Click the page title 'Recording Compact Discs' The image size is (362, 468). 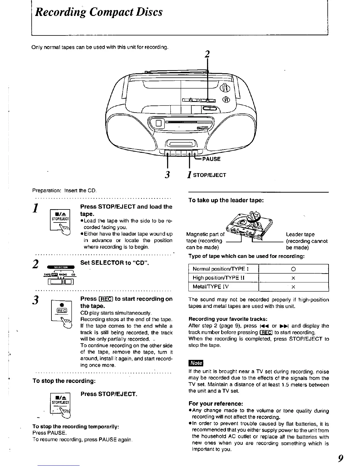pyautogui.click(x=98, y=12)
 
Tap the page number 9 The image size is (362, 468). pyautogui.click(x=340, y=458)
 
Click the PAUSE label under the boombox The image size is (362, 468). pyautogui.click(x=211, y=159)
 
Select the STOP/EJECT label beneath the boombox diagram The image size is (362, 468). pyautogui.click(x=209, y=175)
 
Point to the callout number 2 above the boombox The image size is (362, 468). pyautogui.click(x=207, y=54)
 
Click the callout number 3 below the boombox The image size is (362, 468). pyautogui.click(x=167, y=175)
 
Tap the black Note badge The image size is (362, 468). pyautogui.click(x=196, y=363)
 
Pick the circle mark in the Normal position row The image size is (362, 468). pyautogui.click(x=293, y=269)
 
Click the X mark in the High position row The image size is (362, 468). pyautogui.click(x=293, y=278)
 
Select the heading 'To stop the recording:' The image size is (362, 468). pyautogui.click(x=64, y=381)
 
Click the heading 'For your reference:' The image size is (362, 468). pyautogui.click(x=216, y=404)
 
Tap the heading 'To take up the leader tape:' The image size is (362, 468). pyautogui.click(x=226, y=200)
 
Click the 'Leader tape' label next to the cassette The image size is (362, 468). pyautogui.click(x=300, y=235)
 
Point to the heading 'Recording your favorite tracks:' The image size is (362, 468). pyautogui.click(x=228, y=319)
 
